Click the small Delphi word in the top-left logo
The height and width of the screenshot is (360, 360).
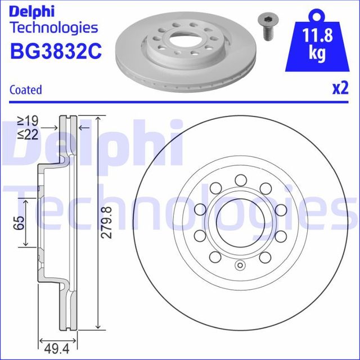33,11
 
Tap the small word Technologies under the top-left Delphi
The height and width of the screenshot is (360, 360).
54,27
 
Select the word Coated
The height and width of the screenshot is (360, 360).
26,89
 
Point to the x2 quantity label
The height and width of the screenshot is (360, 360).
339,88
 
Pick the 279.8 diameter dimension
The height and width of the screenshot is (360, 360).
110,222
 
